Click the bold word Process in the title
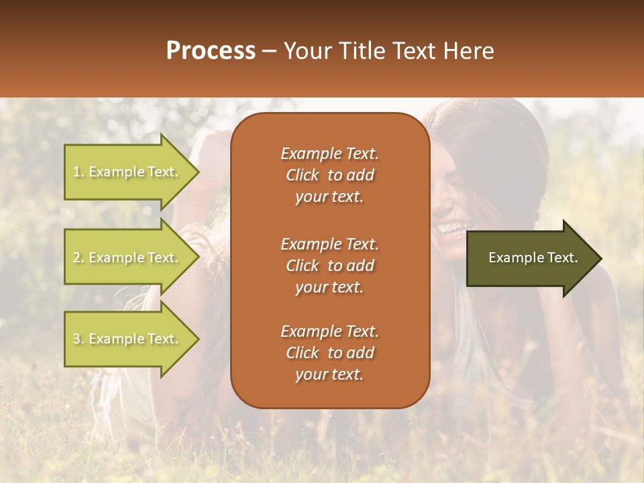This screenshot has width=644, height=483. (x=211, y=51)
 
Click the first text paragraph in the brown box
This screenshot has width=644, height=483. (x=329, y=175)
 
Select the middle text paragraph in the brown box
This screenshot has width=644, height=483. (x=329, y=265)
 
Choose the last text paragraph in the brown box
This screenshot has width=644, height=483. (x=329, y=353)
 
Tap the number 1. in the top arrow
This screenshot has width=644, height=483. (x=78, y=172)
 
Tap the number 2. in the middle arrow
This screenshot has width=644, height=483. (x=78, y=258)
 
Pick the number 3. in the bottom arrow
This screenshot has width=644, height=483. (x=78, y=339)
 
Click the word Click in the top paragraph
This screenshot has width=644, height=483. (x=303, y=175)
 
